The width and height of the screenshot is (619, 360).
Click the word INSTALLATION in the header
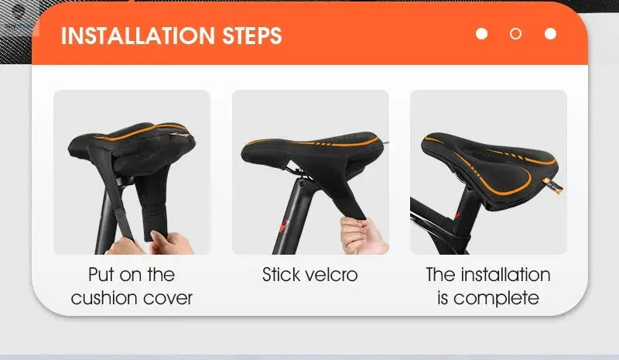[135, 36]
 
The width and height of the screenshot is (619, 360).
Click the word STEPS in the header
[248, 36]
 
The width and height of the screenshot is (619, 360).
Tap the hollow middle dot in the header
[515, 34]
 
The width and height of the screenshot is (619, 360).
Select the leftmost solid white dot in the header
[481, 34]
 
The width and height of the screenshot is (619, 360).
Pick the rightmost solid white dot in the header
[550, 34]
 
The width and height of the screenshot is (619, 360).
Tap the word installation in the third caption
[505, 275]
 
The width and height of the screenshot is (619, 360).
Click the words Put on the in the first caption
[132, 275]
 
